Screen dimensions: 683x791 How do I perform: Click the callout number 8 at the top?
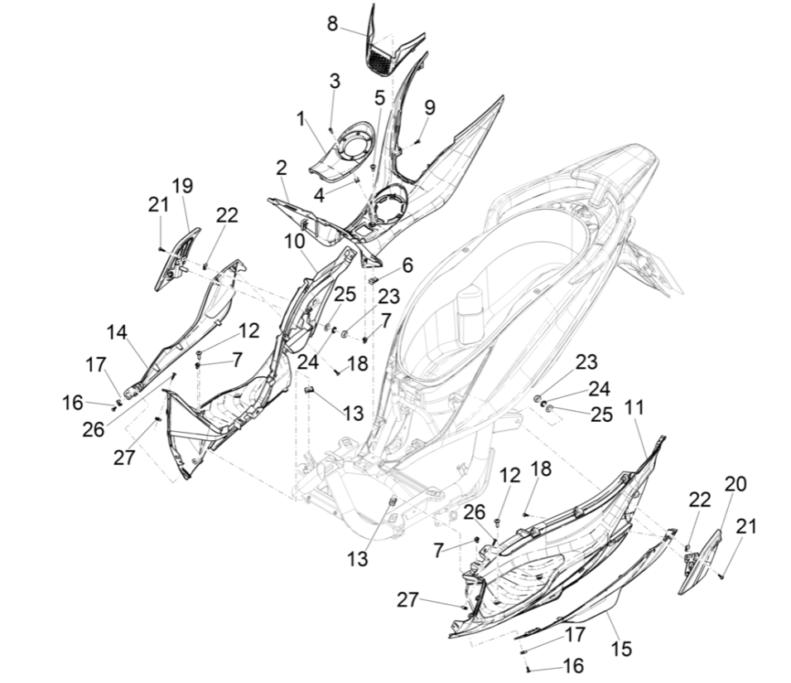point(332,22)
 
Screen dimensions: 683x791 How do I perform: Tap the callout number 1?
point(300,119)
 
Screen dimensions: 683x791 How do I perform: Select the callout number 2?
point(282,168)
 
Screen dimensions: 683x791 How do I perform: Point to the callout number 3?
point(334,81)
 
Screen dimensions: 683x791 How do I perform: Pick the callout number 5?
point(379,97)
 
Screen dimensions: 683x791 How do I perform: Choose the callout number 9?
point(429,107)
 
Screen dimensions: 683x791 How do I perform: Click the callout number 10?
point(296,242)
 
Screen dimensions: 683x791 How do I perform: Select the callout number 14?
point(116,332)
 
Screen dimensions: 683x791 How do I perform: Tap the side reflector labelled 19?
point(176,258)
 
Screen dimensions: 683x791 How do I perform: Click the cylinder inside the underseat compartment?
point(470,312)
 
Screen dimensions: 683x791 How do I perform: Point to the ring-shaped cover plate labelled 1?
point(340,149)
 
